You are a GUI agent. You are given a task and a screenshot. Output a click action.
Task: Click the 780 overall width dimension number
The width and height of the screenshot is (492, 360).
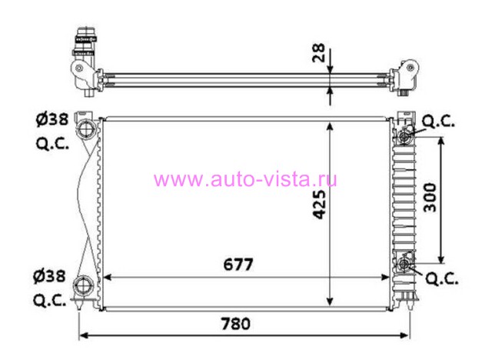[x=236, y=324]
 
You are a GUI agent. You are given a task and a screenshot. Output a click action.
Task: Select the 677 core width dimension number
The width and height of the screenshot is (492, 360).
[x=238, y=265]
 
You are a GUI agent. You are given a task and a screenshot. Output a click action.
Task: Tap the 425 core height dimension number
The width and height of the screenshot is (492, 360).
[x=320, y=204]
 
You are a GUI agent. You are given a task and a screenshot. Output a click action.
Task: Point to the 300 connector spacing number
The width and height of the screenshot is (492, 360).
[x=430, y=198]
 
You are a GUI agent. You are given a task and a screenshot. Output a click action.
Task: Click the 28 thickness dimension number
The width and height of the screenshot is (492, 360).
[x=318, y=53]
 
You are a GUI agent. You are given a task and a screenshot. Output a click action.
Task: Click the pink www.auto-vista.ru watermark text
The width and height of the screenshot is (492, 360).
[x=245, y=179]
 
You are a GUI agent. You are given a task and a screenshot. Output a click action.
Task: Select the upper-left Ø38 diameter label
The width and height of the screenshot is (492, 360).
[x=52, y=119]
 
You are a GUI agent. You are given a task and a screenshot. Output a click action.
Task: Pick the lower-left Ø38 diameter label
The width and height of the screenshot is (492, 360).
[x=49, y=276]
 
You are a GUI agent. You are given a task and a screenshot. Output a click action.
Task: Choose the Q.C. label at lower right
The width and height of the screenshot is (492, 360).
[x=442, y=278]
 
